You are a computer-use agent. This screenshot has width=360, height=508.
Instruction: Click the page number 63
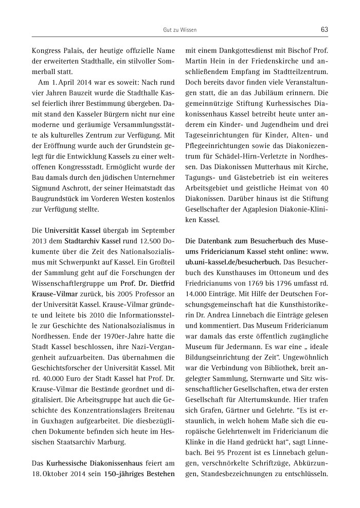click(324, 30)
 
